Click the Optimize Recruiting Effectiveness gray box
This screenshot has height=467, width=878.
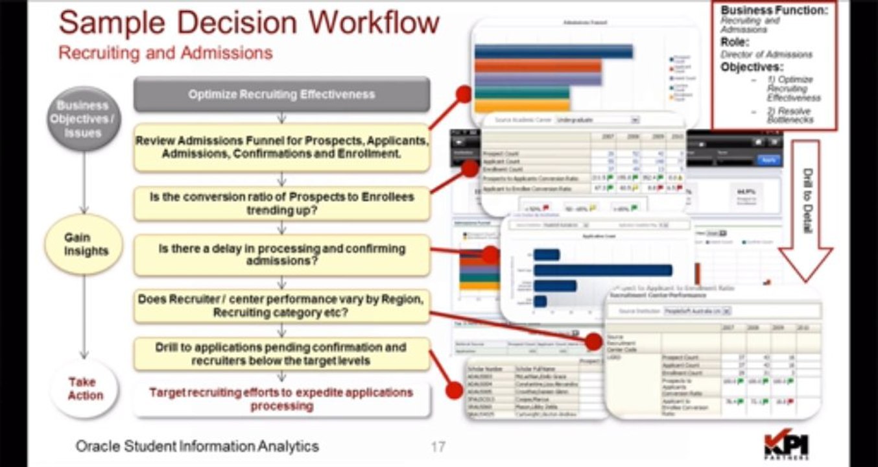tap(281, 95)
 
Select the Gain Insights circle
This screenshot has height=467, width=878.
tap(83, 244)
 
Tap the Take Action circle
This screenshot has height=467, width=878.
tap(85, 389)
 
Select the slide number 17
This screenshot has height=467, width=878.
tap(438, 447)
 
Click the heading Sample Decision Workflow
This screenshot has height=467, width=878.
tap(249, 23)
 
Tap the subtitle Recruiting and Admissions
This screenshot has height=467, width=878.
tap(165, 53)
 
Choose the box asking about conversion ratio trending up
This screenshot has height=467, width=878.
tap(281, 204)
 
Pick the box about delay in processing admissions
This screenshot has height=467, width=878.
tap(281, 255)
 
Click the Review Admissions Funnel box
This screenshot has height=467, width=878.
tap(281, 148)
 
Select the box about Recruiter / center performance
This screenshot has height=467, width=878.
tap(281, 306)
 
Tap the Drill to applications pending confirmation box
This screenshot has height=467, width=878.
tap(281, 353)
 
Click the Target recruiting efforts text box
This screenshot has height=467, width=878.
tap(281, 399)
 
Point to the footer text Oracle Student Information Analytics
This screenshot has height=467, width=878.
tap(197, 446)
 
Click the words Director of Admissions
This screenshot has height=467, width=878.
tap(766, 54)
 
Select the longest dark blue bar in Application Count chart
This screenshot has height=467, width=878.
tap(602, 270)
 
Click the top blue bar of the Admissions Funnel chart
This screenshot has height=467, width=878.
tap(553, 51)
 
